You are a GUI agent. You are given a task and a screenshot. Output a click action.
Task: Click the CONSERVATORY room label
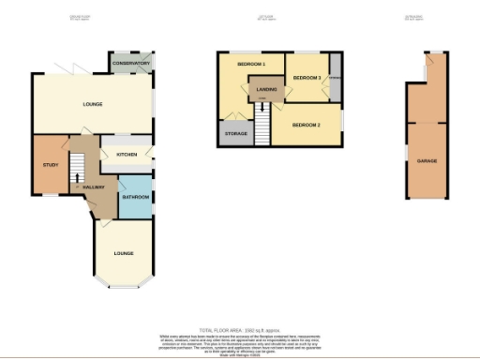click(130, 63)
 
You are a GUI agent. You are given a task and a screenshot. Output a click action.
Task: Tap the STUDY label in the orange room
click(51, 166)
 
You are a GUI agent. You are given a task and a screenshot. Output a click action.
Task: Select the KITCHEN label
click(127, 153)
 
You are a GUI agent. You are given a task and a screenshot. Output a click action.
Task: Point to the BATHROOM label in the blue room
click(136, 197)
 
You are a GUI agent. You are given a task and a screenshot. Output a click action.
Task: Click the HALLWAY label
click(93, 187)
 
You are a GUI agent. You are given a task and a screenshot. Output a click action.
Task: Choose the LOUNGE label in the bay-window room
click(124, 253)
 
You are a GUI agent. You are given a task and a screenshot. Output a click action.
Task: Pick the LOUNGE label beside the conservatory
click(91, 103)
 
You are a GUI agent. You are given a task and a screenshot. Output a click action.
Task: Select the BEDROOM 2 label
click(307, 125)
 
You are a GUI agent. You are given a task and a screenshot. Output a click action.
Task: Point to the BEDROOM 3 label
click(307, 78)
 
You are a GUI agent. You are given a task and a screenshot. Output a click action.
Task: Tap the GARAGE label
click(427, 161)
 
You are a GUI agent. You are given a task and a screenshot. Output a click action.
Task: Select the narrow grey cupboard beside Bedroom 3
click(335, 80)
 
